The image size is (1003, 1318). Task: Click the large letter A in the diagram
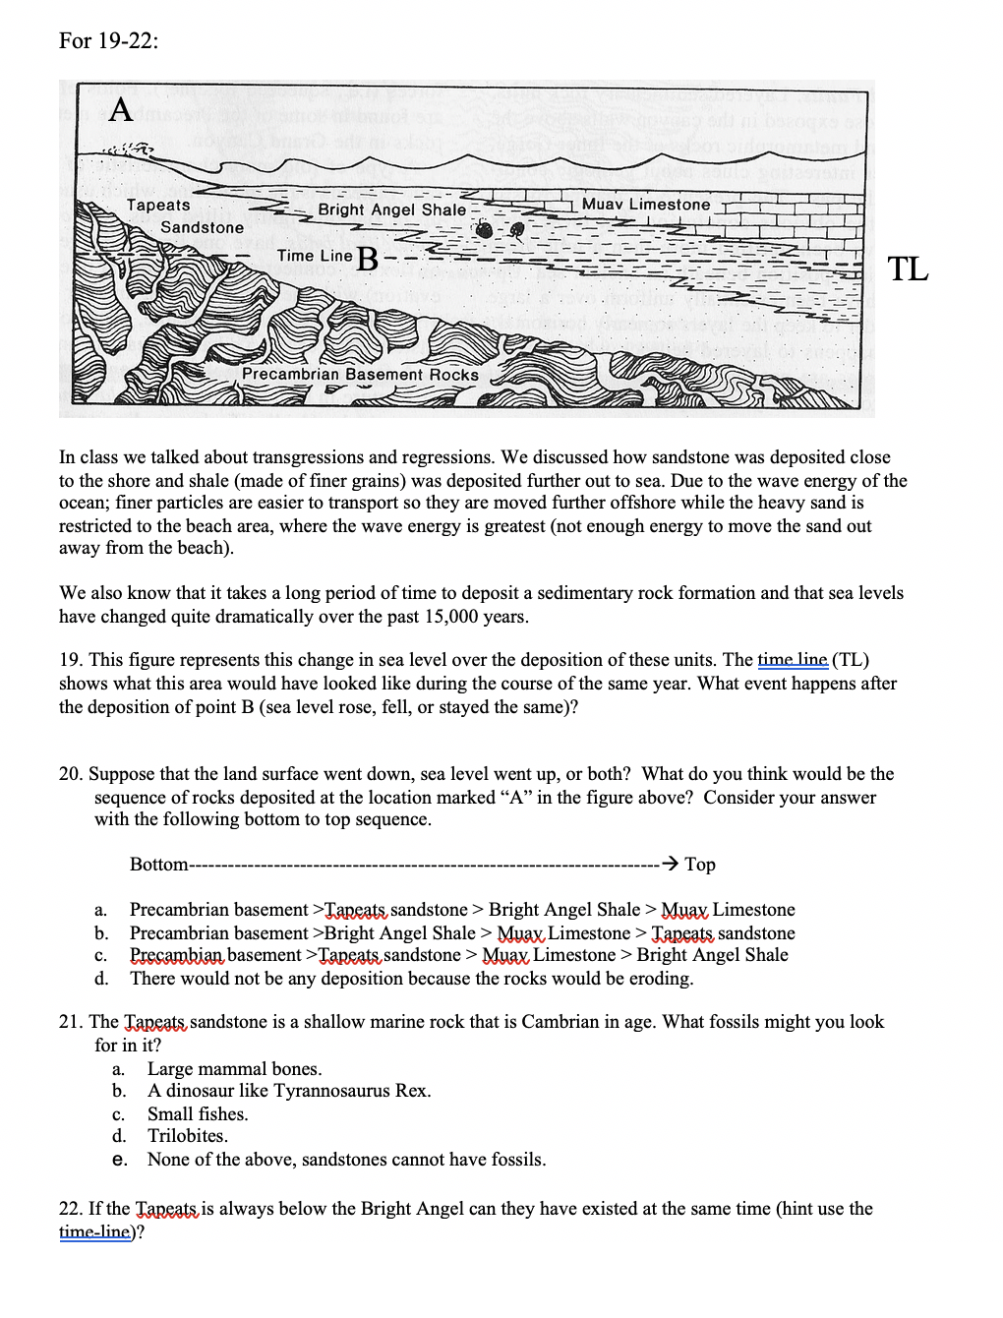[120, 109]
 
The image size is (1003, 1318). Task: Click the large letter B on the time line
[368, 260]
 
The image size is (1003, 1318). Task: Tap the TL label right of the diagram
[907, 269]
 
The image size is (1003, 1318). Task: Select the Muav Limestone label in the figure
[645, 205]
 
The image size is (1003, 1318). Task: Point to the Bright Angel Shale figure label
[391, 210]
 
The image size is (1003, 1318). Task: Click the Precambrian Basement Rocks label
[360, 375]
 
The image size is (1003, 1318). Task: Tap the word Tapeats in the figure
[158, 206]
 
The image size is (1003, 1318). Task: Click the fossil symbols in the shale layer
[500, 230]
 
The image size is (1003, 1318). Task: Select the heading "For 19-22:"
[108, 40]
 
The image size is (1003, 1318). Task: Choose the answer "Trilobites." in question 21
[187, 1136]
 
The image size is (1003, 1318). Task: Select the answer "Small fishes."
[198, 1114]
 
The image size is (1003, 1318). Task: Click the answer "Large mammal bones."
[234, 1069]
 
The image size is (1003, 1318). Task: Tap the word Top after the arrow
[700, 865]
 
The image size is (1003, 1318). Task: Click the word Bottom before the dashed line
[158, 865]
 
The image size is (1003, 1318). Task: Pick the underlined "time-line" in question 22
[94, 1232]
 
